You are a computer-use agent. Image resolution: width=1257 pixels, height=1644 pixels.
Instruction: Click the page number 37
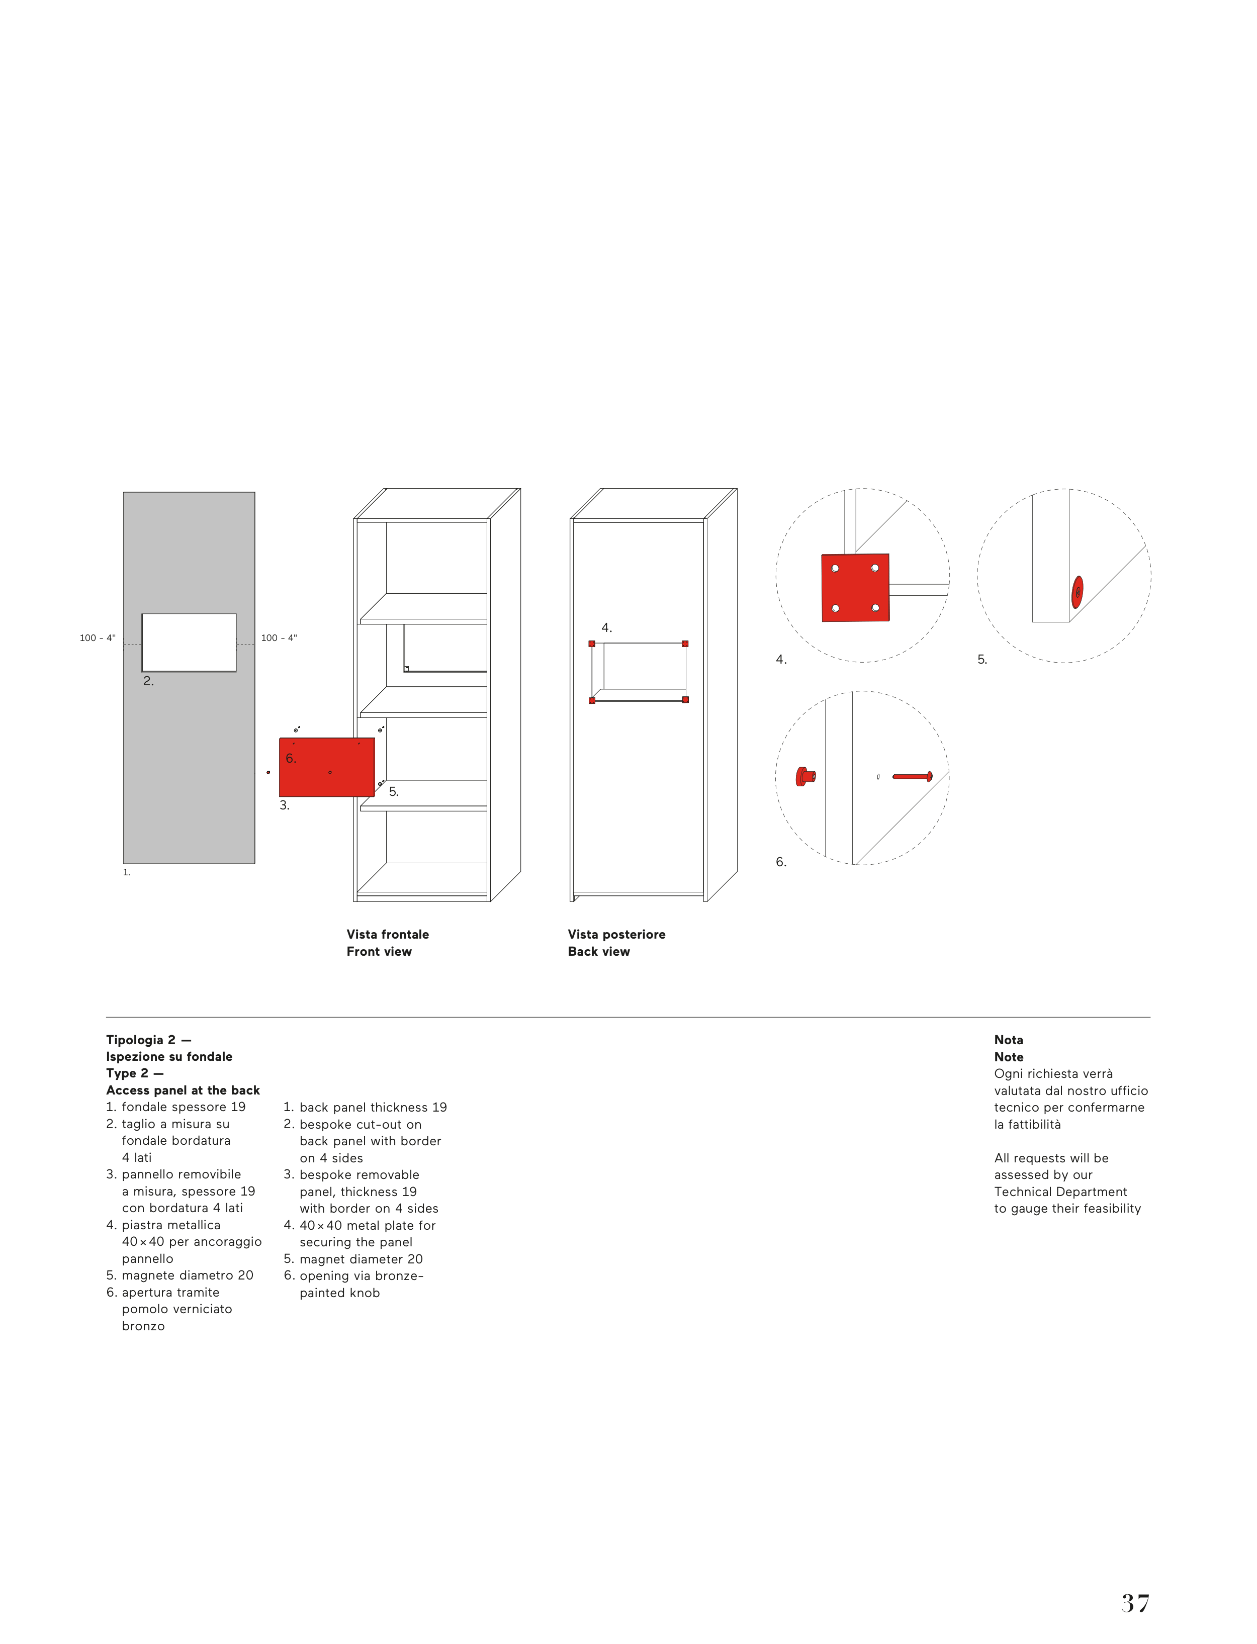coord(1134,1603)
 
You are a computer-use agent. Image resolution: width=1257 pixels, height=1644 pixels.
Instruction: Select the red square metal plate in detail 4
coord(855,588)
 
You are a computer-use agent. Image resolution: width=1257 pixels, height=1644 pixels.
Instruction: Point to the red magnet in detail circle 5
coord(1078,592)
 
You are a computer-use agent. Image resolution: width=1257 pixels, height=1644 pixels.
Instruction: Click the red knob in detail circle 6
coord(805,776)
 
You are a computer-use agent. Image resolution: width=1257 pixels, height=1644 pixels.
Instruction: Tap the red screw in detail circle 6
coord(913,776)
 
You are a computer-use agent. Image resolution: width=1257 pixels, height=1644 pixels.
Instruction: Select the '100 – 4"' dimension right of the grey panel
coord(279,638)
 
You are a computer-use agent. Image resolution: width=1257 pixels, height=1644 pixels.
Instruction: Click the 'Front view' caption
coord(379,951)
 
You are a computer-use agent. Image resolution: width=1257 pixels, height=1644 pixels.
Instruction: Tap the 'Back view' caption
coord(598,951)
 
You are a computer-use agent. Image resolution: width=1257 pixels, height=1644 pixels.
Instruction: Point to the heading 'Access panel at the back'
coord(184,1090)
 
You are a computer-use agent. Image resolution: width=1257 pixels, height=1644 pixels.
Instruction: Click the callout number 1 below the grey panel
coord(126,872)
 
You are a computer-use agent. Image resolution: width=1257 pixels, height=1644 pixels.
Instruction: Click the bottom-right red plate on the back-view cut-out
coord(685,699)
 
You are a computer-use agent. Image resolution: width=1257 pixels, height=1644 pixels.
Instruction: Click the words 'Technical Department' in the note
coord(1060,1192)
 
